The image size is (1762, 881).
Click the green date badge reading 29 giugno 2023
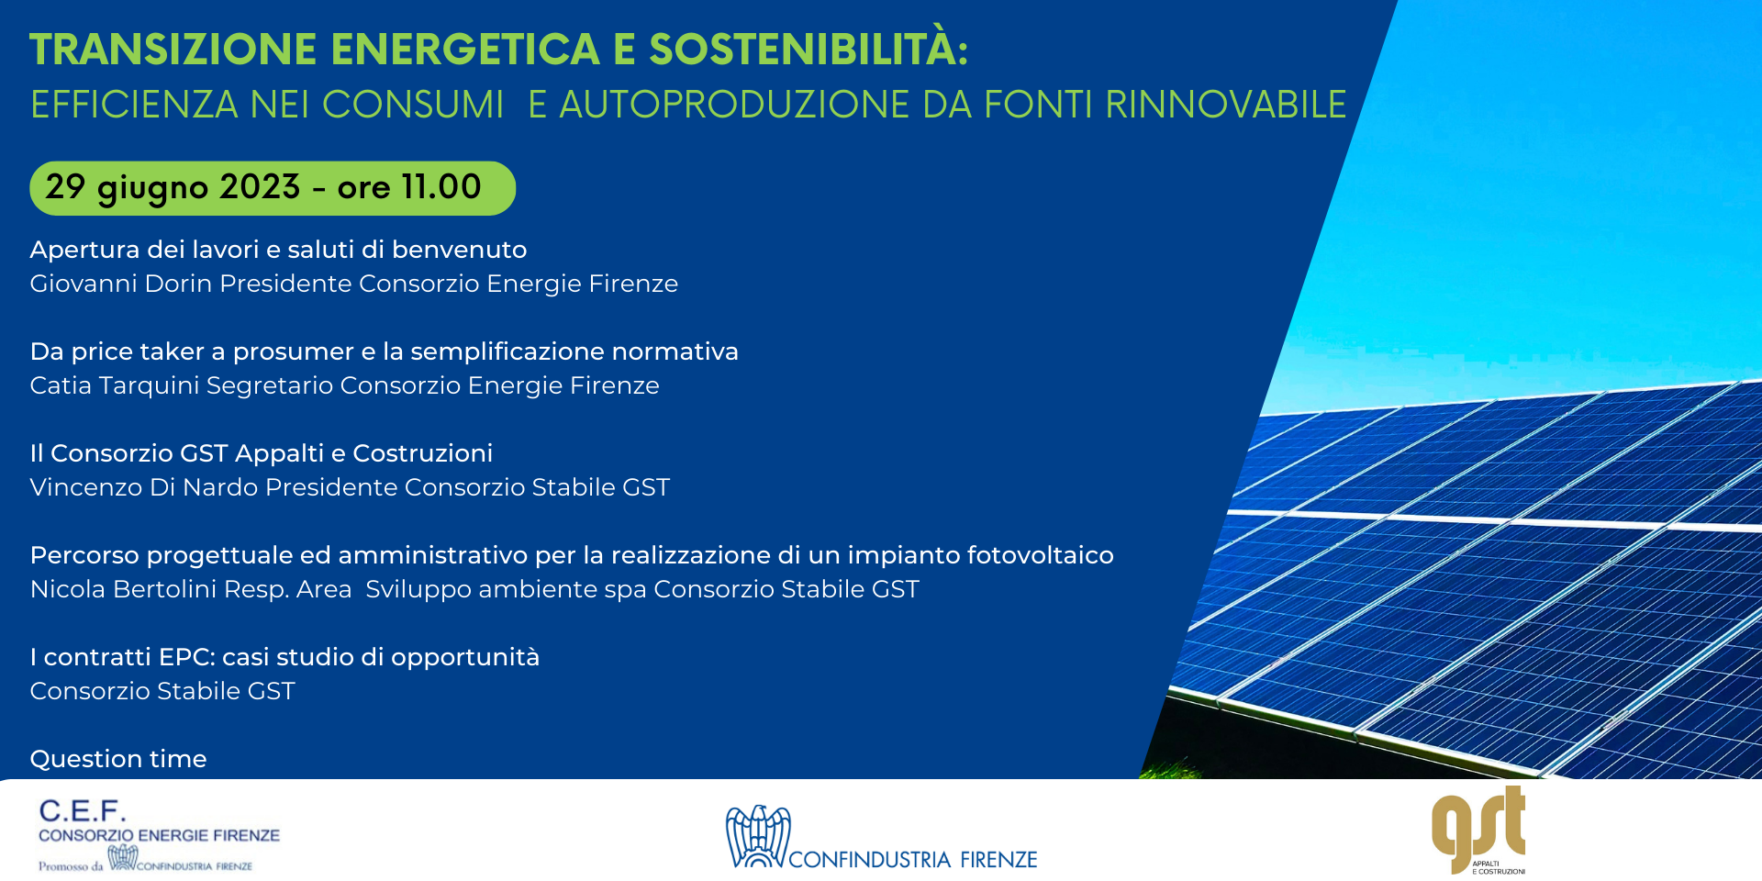[x=273, y=188]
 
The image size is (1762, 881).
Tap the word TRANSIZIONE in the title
[x=173, y=50]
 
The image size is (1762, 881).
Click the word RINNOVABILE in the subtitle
[x=1226, y=105]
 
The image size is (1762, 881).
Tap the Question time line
[x=118, y=759]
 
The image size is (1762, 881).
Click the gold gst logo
[x=1478, y=830]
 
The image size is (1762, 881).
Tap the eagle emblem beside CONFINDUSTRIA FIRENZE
[x=758, y=836]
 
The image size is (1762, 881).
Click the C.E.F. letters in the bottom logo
[x=83, y=810]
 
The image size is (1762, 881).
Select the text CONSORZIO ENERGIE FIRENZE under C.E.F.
[x=159, y=835]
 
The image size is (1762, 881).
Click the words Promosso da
[x=71, y=865]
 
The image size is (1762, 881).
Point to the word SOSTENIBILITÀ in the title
[x=809, y=49]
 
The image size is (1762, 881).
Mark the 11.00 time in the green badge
[x=441, y=187]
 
